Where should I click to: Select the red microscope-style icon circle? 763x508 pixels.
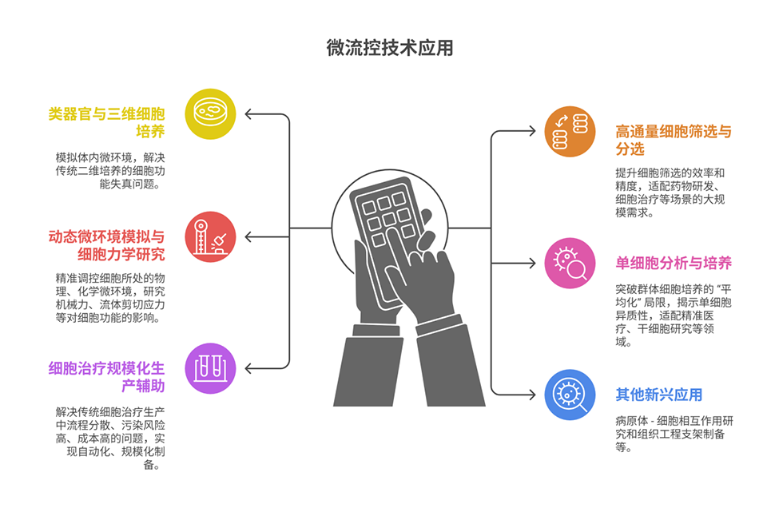point(210,236)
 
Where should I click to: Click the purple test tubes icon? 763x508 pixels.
point(210,368)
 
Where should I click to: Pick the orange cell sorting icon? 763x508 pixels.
point(570,131)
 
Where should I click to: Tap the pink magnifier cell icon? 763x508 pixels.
point(570,263)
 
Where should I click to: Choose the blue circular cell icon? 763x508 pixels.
point(570,395)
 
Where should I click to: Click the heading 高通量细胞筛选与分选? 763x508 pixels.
point(673,140)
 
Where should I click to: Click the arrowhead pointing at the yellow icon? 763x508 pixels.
point(248,113)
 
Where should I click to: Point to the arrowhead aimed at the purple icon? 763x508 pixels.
point(248,368)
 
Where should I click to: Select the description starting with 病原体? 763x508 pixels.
point(675,434)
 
